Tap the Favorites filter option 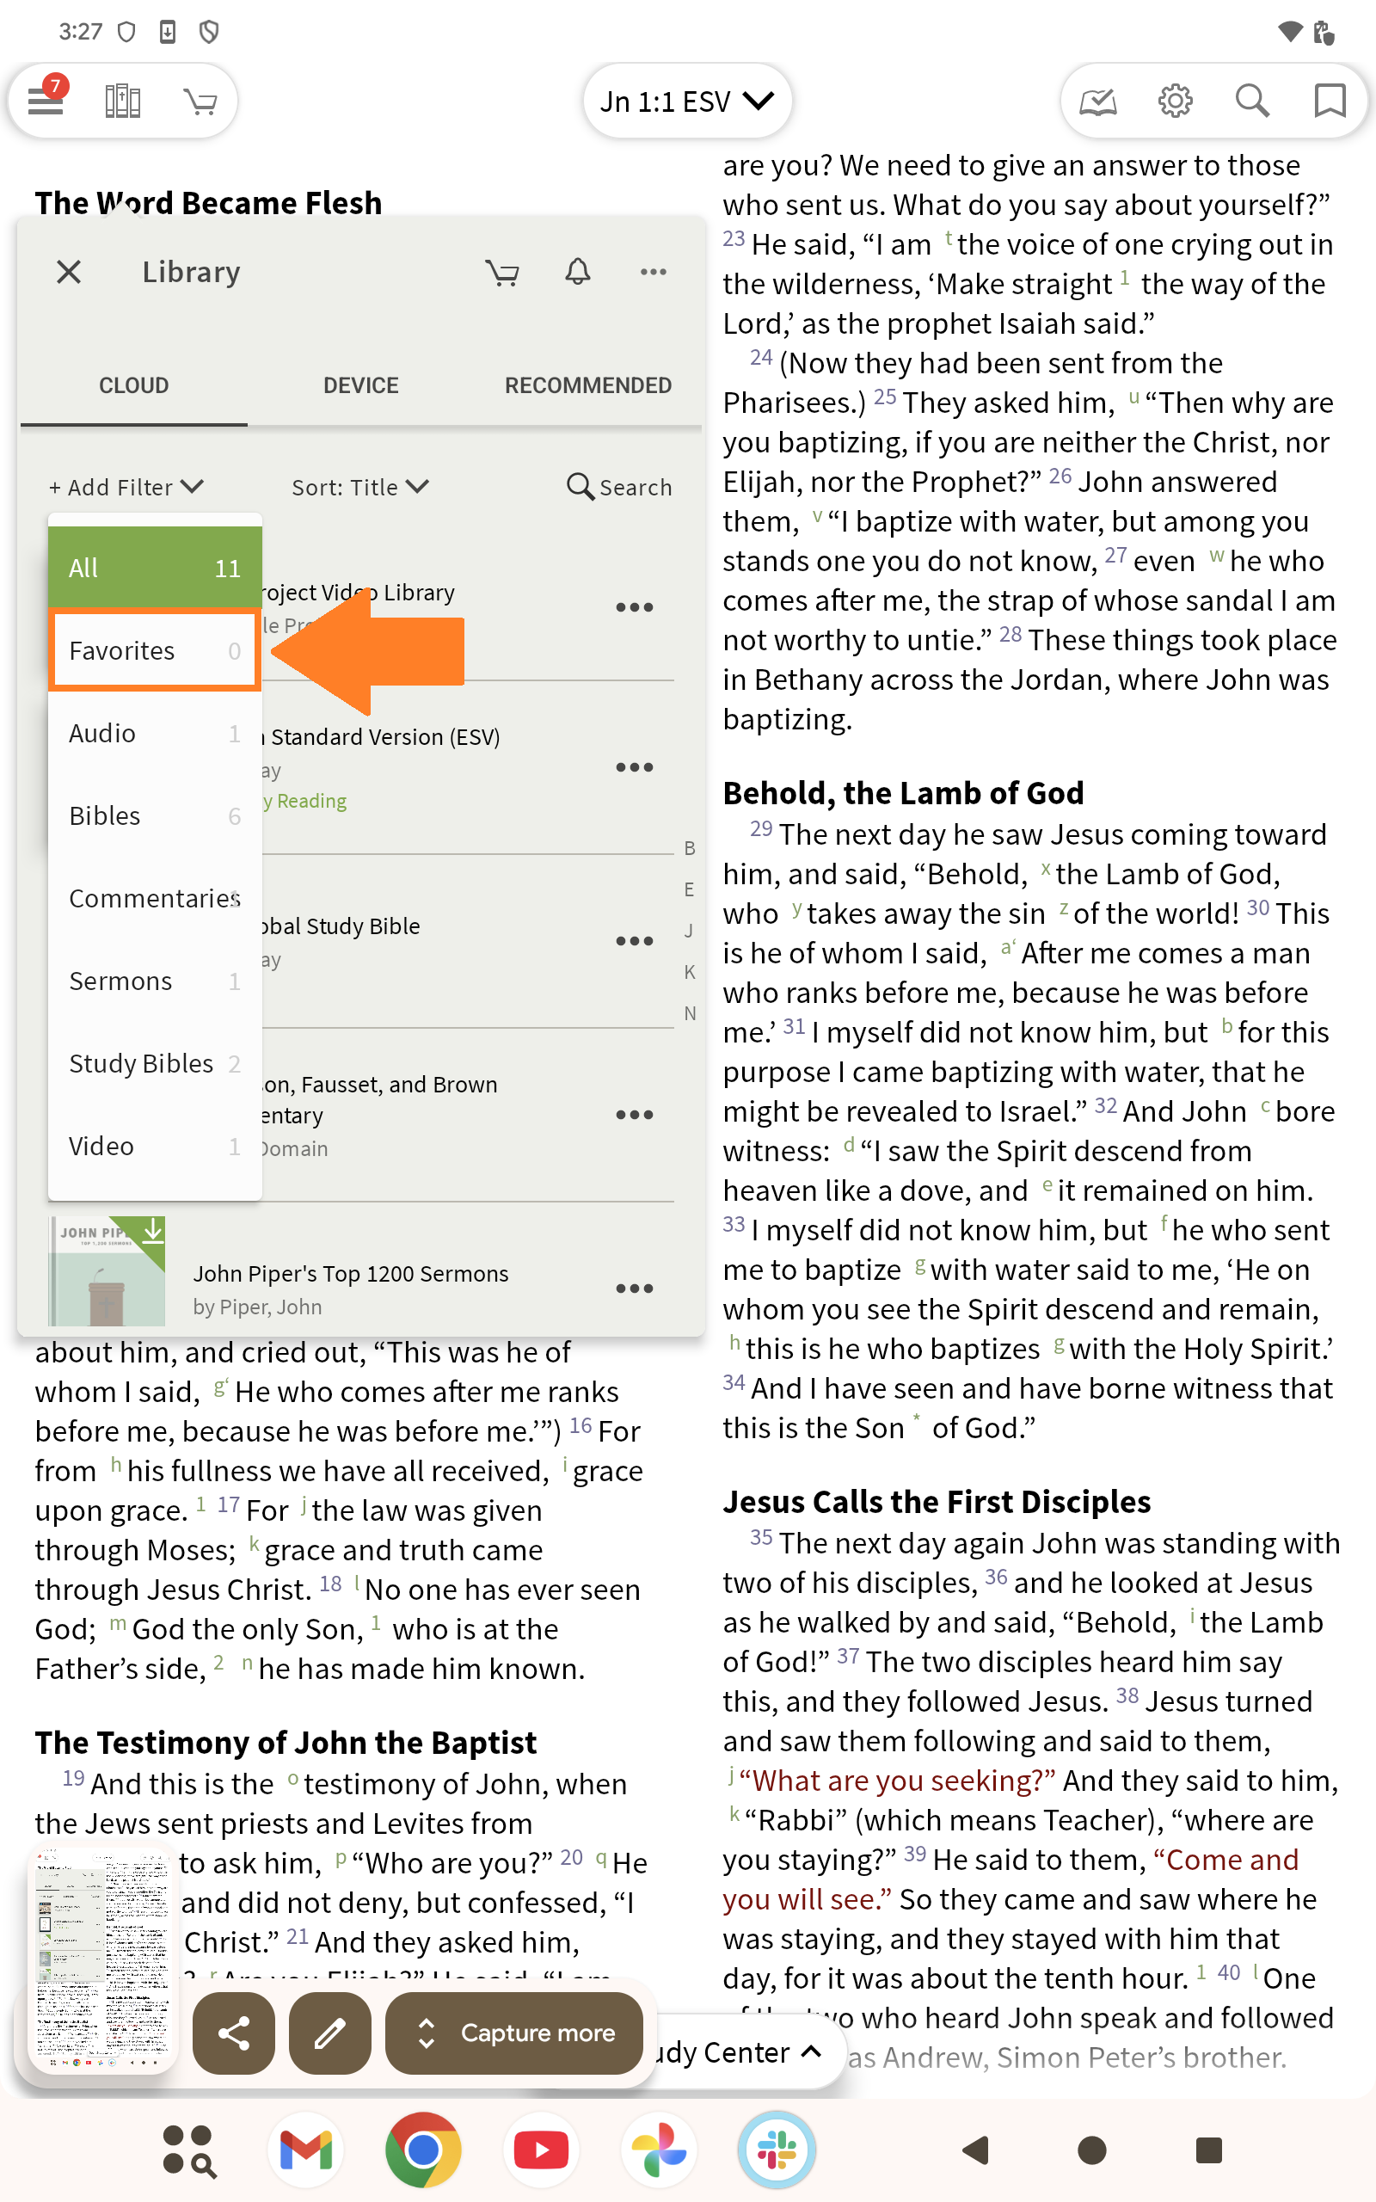pos(155,650)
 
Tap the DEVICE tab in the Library pos(360,386)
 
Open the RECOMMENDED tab pos(588,386)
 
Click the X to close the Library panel pos(69,272)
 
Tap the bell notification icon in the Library pos(578,272)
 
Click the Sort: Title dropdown pos(359,488)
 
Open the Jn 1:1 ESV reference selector pos(687,101)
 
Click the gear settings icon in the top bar pos(1175,101)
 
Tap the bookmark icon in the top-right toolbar pos(1330,101)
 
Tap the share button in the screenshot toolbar pos(234,2033)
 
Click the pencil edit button pos(329,2033)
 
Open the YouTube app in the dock pos(542,2150)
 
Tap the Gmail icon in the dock pos(306,2150)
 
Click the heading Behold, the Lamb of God pos(903,793)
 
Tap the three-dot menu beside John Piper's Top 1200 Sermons pos(635,1289)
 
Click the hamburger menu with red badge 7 pos(46,99)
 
